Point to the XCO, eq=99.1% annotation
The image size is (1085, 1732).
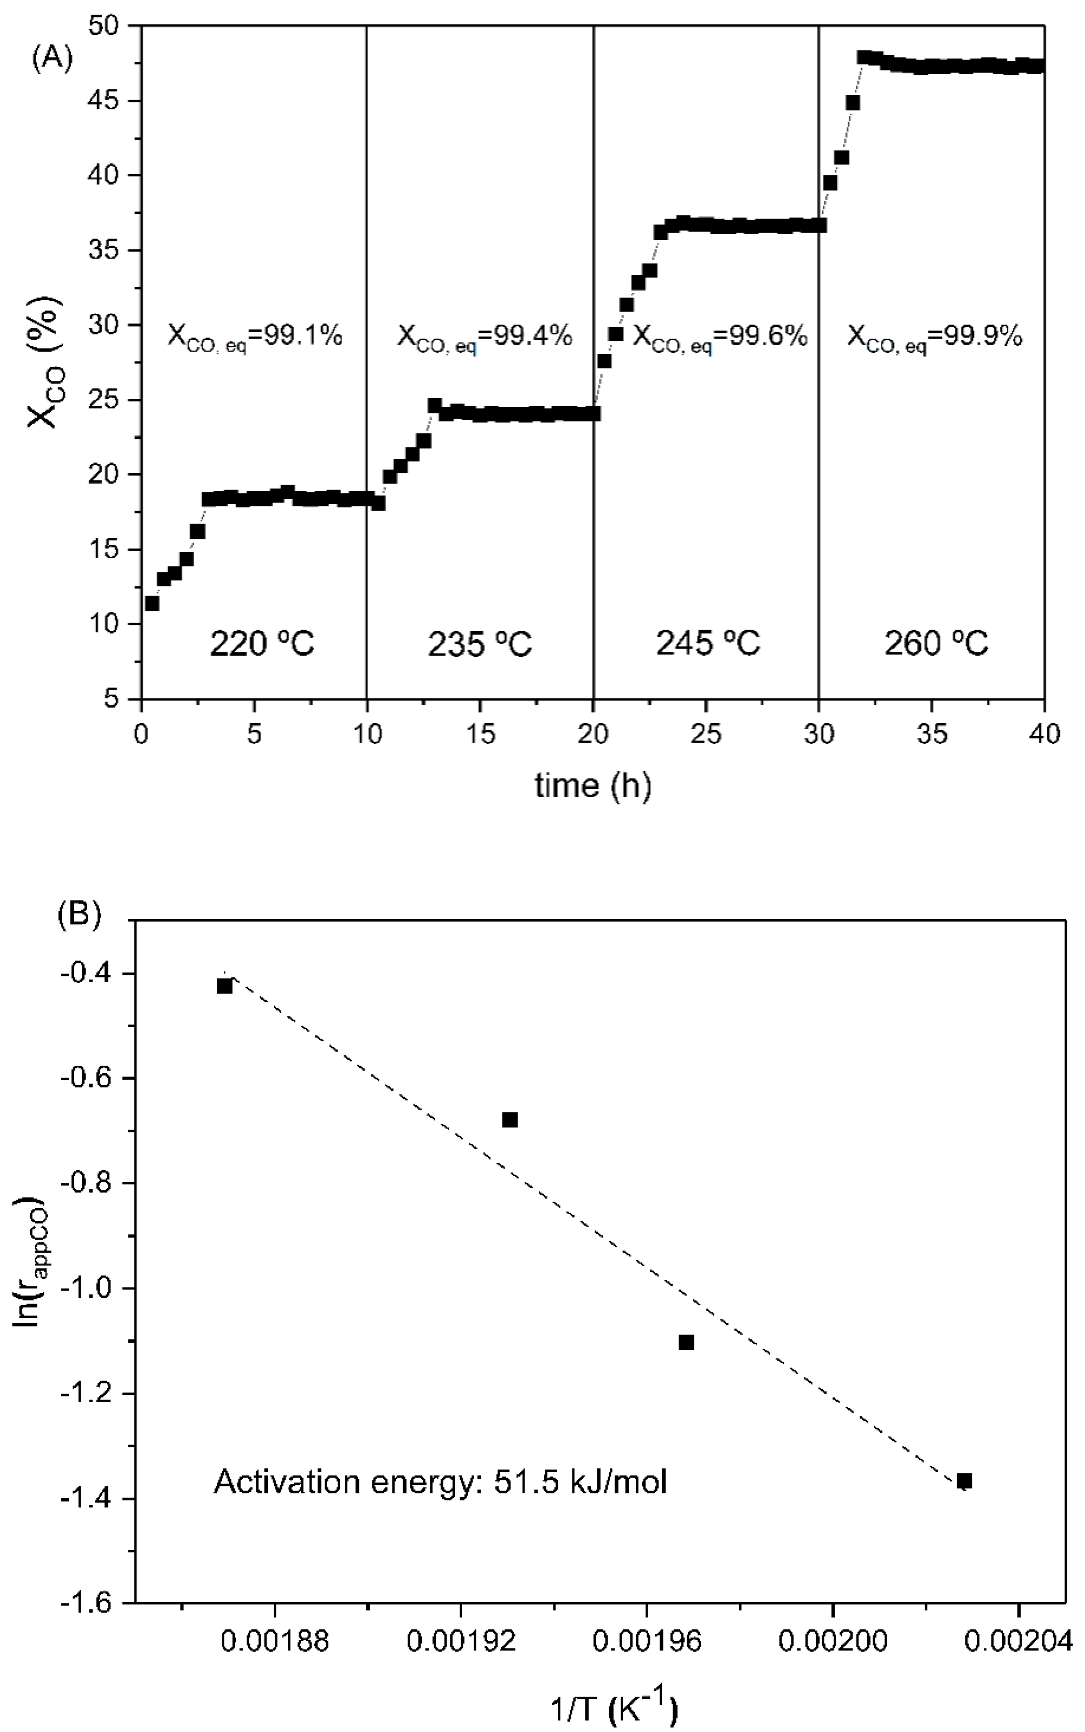(x=254, y=337)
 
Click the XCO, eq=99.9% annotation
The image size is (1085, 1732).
(x=934, y=337)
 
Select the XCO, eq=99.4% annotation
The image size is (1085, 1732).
(x=485, y=337)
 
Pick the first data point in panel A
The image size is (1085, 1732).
(x=152, y=603)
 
